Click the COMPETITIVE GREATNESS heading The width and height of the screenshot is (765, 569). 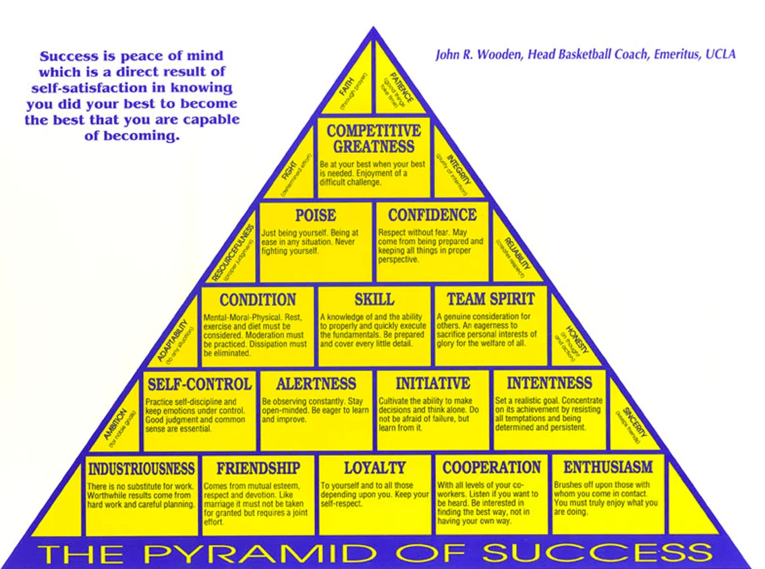374,138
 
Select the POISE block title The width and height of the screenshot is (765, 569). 315,215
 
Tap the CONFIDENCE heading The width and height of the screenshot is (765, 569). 432,215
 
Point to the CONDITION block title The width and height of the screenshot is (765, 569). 258,299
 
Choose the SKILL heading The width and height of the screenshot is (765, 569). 374,299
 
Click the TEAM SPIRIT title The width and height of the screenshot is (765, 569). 490,299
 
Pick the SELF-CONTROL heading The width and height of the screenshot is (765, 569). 199,384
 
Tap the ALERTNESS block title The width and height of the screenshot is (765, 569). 316,384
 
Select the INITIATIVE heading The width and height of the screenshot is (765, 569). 432,384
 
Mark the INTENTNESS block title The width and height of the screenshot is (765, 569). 548,384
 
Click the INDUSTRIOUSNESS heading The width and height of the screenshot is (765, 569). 142,468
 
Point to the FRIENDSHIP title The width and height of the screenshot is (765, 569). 258,468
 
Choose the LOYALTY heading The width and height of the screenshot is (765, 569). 374,468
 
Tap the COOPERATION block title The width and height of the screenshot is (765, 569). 491,468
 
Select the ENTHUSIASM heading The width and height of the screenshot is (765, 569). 608,467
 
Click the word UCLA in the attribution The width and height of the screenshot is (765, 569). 720,54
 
